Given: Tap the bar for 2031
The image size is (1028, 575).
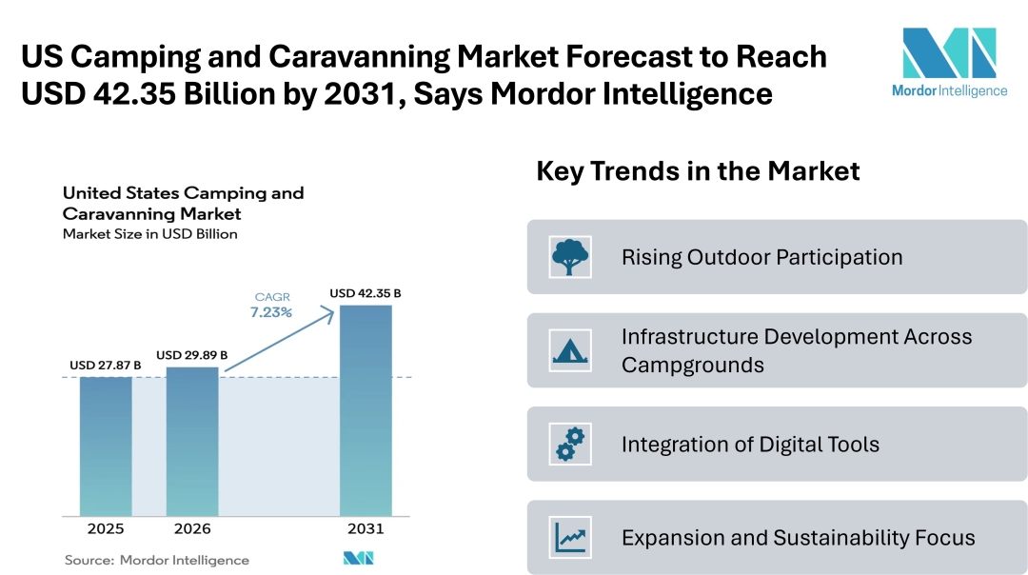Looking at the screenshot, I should [x=366, y=410].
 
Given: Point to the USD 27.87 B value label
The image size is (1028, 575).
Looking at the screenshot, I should [x=106, y=366].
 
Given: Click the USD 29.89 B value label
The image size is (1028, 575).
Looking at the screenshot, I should [x=192, y=355].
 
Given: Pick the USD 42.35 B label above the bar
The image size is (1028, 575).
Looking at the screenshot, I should [x=366, y=293].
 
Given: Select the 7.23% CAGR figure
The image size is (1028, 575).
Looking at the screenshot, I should [x=271, y=312].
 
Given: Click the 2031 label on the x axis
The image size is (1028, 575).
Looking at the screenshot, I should [x=366, y=528].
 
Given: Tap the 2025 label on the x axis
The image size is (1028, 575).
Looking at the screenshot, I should [x=106, y=528].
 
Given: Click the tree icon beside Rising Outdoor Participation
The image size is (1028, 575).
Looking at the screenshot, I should [x=570, y=257].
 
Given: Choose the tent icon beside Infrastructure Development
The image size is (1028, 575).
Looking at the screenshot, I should [x=570, y=350].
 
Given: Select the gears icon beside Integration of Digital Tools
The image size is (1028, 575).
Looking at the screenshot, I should [x=570, y=444].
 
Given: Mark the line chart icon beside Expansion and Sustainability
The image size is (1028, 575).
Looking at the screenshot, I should [x=570, y=537].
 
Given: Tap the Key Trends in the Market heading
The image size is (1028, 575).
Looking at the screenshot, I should [x=698, y=171].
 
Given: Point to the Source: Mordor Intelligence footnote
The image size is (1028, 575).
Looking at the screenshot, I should [x=157, y=560].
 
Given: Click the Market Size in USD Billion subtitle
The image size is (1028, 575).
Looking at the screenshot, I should [x=150, y=233].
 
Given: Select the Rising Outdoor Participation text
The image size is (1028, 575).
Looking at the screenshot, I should [x=761, y=257].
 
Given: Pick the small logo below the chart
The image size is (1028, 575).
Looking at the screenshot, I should [x=358, y=558].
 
